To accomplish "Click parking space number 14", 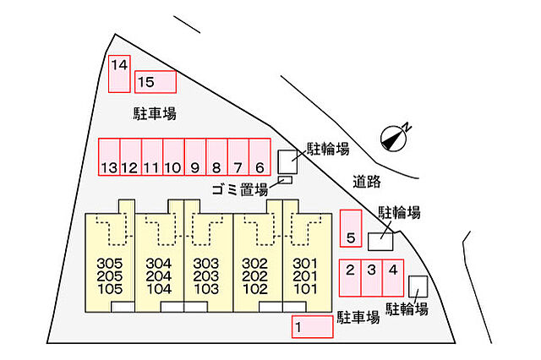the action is coord(119,74).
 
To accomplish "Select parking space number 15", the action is coord(156,82).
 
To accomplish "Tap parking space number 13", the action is coord(109,157).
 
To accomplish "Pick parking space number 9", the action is coord(195,157).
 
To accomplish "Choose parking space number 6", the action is coord(260,157).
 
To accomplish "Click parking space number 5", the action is coord(351,228).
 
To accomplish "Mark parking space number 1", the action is coord(312,326).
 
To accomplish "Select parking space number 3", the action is coord(372,278).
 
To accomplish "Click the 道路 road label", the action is coord(367,182).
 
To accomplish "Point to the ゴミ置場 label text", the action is coord(240,189).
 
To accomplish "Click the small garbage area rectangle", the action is coord(285,180).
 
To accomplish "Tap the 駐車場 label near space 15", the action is coord(155,113).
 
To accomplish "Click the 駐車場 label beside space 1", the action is coord(358,317).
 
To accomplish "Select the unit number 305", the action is coord(110,264).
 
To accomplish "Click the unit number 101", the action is coord(305,289).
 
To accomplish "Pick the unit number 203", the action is coord(206,276).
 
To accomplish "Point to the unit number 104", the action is coord(159,289).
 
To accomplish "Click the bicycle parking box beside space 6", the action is coord(287,161).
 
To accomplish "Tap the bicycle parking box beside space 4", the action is coord(418,286).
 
